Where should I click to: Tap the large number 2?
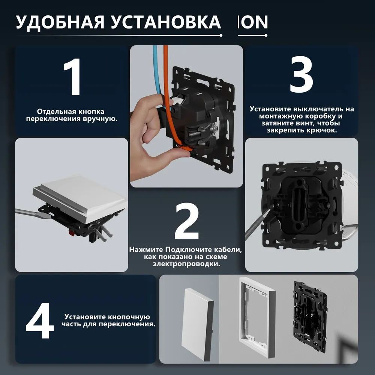[187, 221]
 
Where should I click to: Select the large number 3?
[301, 74]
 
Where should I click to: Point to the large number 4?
[40, 321]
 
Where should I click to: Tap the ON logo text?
[253, 22]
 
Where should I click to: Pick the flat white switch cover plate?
[198, 324]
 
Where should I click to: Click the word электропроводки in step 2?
[186, 264]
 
